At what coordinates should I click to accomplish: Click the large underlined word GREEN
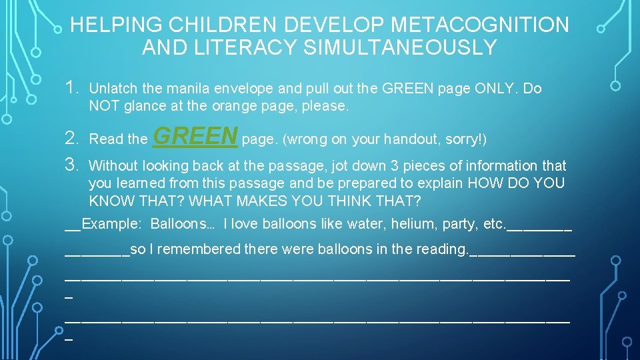tap(195, 136)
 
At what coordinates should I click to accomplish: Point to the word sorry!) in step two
tap(467, 139)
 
